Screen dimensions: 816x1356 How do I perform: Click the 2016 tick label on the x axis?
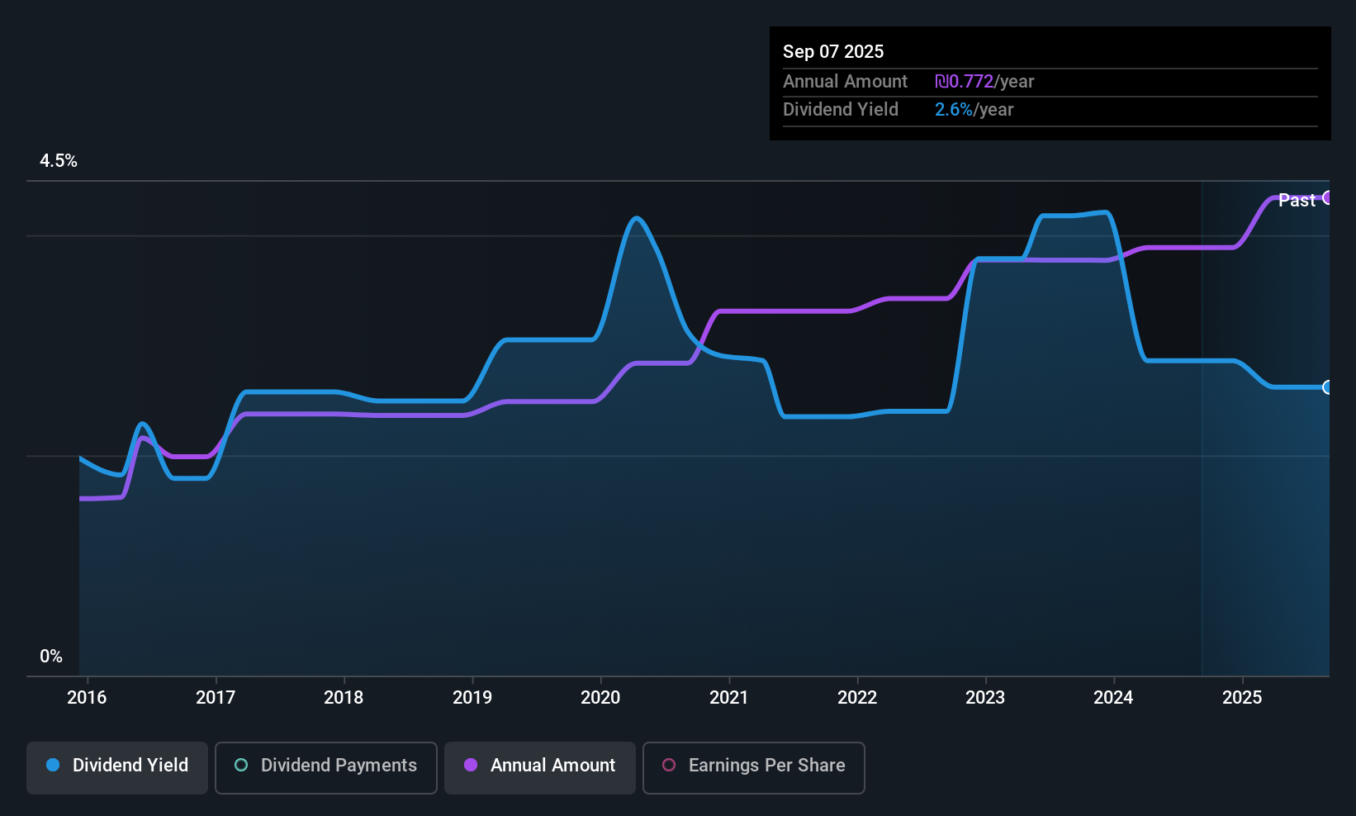point(87,697)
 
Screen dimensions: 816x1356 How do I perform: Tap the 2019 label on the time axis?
point(472,697)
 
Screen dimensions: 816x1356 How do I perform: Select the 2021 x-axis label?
point(728,697)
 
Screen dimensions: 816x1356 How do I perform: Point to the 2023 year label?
point(985,697)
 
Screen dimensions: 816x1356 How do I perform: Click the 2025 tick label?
point(1242,697)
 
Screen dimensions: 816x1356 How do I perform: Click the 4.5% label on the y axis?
point(59,161)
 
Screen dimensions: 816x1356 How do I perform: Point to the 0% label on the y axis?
point(51,657)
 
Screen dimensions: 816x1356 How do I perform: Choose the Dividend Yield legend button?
point(117,766)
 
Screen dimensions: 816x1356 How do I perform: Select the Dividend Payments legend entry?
point(326,766)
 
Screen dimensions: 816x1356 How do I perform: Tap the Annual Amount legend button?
point(540,766)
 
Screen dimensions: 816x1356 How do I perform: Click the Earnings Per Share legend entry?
point(754,766)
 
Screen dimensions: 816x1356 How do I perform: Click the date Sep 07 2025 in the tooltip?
point(833,51)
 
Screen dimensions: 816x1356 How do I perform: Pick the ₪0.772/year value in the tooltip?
point(984,82)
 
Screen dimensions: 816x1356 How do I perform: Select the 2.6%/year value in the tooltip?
point(974,110)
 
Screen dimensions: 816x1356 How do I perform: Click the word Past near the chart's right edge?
point(1297,200)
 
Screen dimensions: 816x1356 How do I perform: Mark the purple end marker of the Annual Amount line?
point(1328,197)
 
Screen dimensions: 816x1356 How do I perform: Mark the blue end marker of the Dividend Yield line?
point(1328,387)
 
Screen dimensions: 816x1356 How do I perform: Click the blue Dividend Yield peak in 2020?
point(636,218)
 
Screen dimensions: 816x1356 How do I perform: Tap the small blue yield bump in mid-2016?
point(143,424)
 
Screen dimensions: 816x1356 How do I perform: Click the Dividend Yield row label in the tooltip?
point(841,110)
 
